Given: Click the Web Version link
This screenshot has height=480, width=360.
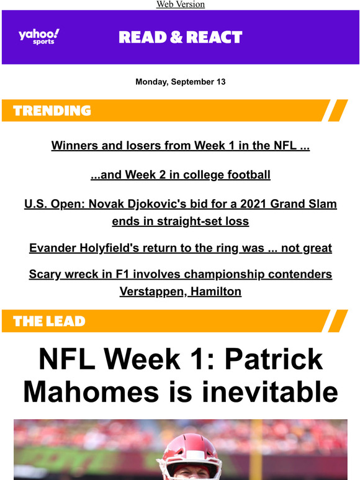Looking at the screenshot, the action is pos(181,4).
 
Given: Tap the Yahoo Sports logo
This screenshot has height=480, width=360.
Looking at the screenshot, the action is pos(39,37).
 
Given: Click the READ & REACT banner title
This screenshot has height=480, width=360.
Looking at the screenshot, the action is pos(181,37).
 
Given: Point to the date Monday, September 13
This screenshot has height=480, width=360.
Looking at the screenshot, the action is pos(181,82).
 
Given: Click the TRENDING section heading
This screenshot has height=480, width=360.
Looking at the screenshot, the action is pos(52,110).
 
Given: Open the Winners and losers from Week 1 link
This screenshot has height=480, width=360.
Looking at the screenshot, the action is pos(181,145).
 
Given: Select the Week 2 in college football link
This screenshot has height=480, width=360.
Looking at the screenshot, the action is pos(181,175).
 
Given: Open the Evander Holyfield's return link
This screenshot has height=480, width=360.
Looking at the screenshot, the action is pos(181,248).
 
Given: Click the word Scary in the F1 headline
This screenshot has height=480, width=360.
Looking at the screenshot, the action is pos(45,274).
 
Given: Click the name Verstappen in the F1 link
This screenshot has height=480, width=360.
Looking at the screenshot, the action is pos(153,291).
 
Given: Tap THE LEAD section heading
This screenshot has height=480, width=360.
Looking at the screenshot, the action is pos(49,321).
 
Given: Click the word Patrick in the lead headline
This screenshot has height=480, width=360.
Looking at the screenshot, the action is pos(274,359).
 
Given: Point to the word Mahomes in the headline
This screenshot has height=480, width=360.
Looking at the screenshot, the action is pos(91,392).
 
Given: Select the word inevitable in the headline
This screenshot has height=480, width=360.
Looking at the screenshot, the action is pos(270,392).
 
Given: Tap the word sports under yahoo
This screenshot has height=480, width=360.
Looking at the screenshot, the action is pos(43,42).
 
